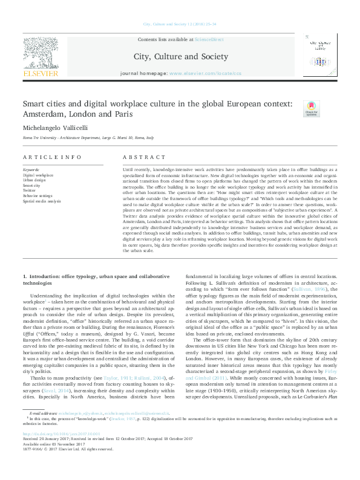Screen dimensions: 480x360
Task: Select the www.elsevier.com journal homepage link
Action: tap(205, 73)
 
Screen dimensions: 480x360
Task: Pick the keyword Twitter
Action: tap(30, 190)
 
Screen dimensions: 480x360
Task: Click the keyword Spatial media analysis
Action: tap(42, 200)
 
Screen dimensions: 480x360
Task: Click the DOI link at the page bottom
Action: tap(62, 450)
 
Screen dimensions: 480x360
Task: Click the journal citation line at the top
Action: tap(180, 24)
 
